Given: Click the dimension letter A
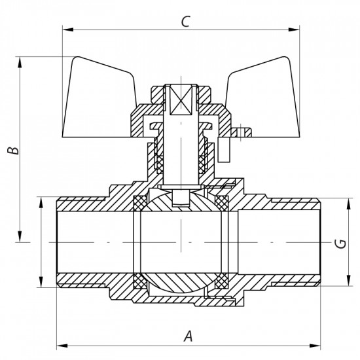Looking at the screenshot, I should tap(189, 336).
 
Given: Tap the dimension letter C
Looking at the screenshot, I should tap(185, 21).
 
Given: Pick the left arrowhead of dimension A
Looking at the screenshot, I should tap(61, 344).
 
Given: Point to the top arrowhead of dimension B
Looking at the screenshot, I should tap(22, 61).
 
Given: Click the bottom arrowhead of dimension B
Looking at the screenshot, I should tap(22, 239).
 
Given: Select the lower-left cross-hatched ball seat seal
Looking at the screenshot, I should tap(140, 283).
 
